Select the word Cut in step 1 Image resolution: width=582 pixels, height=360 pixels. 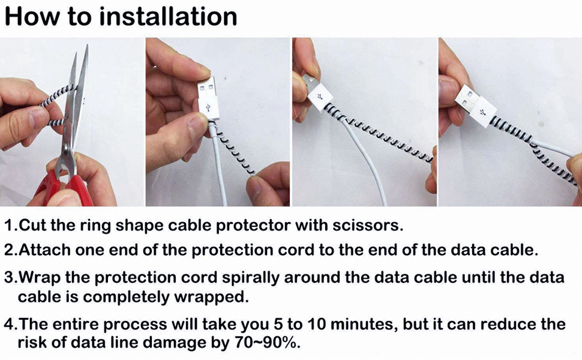point(32,226)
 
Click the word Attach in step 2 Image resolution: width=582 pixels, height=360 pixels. point(43,250)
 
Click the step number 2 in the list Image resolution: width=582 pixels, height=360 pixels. point(10,250)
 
